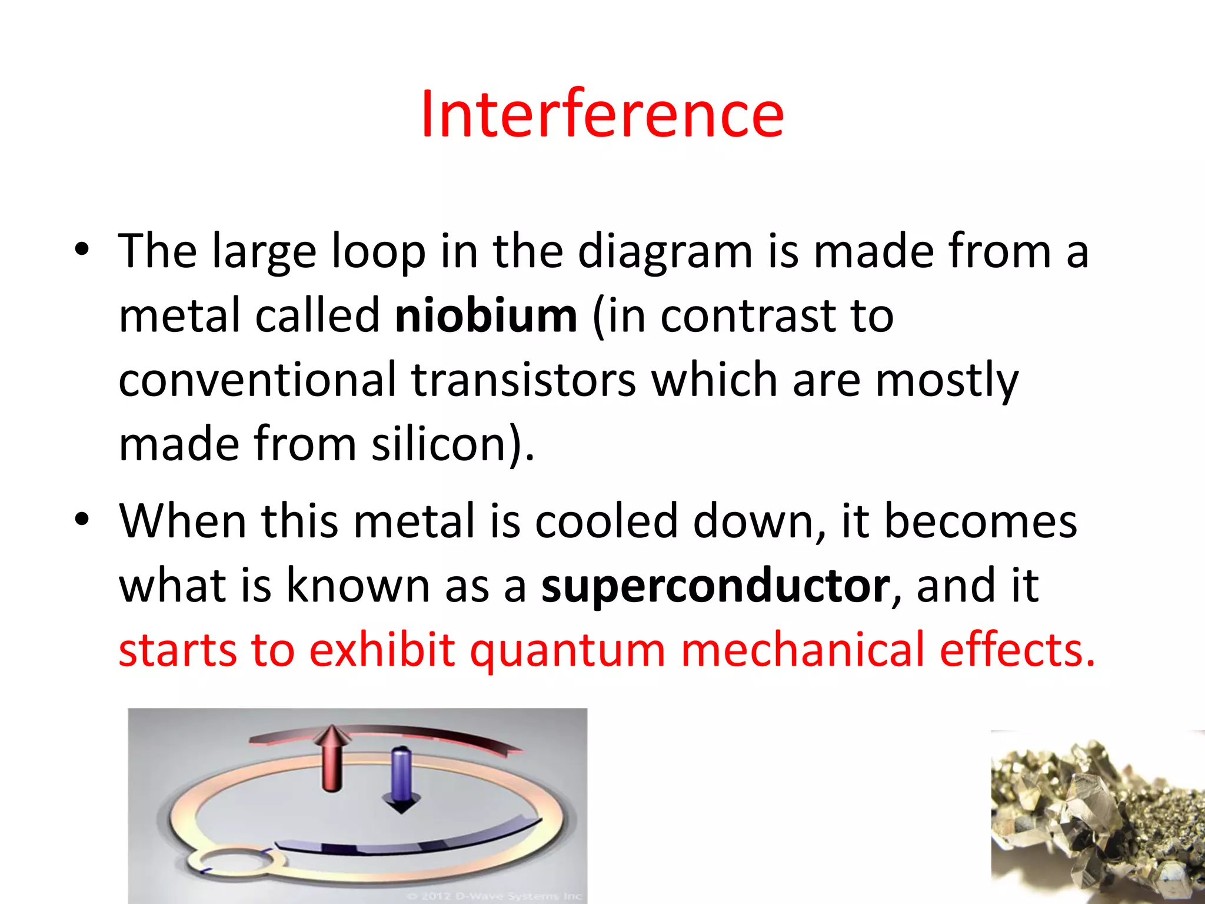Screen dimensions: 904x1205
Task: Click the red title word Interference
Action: click(x=602, y=115)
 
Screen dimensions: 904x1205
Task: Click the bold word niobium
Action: click(x=486, y=317)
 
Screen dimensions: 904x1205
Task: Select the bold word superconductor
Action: click(x=715, y=587)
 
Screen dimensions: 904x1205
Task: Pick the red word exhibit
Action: click(x=382, y=651)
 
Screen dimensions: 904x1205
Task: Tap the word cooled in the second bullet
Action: click(x=606, y=522)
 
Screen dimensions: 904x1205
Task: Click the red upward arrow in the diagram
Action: click(x=333, y=759)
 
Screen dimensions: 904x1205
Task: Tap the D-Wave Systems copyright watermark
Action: click(x=494, y=896)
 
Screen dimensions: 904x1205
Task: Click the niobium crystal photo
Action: click(x=1097, y=818)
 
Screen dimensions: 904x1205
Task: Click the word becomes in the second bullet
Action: click(x=980, y=522)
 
